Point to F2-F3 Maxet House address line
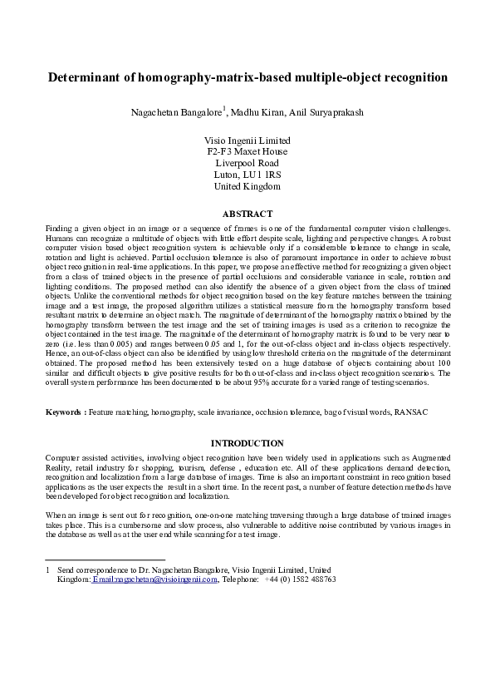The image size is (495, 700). pyautogui.click(x=247, y=152)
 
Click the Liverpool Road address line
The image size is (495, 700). pyautogui.click(x=247, y=164)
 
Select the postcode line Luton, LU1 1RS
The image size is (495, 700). pyautogui.click(x=247, y=175)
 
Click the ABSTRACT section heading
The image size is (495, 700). pyautogui.click(x=247, y=213)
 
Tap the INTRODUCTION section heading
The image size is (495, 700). pyautogui.click(x=247, y=443)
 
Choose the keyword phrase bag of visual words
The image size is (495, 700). pyautogui.click(x=341, y=412)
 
